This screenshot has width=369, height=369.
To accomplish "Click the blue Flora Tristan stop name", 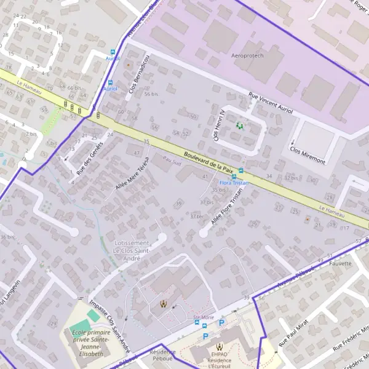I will tap(234, 183).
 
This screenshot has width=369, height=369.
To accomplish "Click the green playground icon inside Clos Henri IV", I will tap(239, 125).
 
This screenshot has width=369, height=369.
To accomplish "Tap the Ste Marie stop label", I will tap(203, 317).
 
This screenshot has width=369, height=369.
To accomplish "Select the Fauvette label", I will tap(340, 263).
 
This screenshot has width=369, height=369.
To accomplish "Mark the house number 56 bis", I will tap(151, 94).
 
